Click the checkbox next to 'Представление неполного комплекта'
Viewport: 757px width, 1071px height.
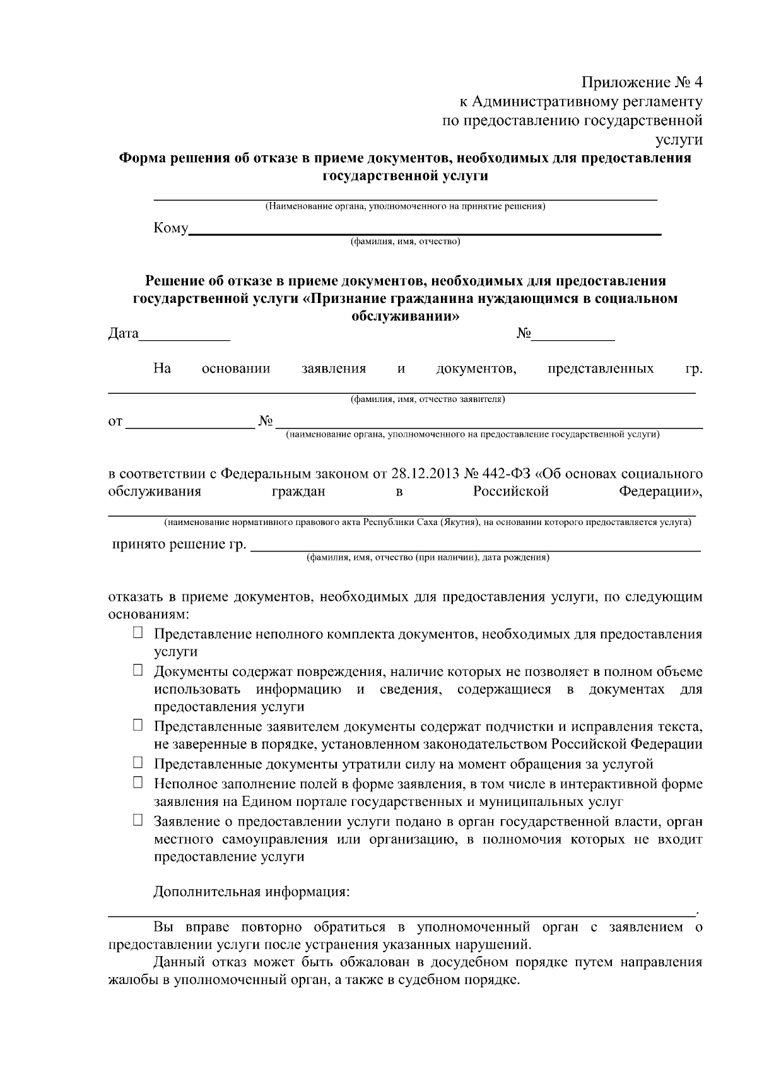pos(138,633)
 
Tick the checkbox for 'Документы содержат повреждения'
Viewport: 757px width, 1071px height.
pos(138,670)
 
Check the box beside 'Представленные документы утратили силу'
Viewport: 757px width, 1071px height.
pos(138,763)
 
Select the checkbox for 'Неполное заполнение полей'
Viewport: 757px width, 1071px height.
pos(138,783)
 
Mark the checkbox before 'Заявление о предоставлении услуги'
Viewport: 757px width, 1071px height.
pos(138,820)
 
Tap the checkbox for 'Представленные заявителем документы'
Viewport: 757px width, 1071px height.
pos(138,726)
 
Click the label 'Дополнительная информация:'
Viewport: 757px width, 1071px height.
pos(251,892)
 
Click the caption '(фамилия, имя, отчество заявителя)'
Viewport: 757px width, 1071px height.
pos(427,399)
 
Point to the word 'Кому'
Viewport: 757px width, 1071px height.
pos(170,228)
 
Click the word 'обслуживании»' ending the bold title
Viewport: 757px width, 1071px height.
pos(405,316)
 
